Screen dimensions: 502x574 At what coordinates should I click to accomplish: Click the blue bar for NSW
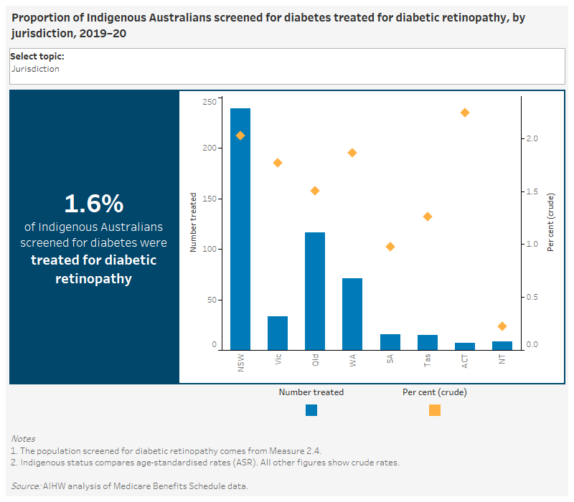pyautogui.click(x=240, y=229)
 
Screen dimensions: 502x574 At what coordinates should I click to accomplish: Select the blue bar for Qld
pyautogui.click(x=315, y=290)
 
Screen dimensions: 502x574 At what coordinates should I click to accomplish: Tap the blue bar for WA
pyautogui.click(x=352, y=313)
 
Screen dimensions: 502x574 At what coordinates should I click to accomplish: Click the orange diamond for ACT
pyautogui.click(x=464, y=113)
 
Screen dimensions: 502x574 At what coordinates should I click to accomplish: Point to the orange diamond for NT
pyautogui.click(x=502, y=326)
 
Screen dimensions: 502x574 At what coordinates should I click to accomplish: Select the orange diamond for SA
pyautogui.click(x=390, y=247)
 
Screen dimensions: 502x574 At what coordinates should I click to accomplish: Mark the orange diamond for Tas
pyautogui.click(x=428, y=217)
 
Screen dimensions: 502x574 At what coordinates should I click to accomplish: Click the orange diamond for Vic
pyautogui.click(x=278, y=163)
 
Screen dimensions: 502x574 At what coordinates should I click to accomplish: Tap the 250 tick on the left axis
pyautogui.click(x=209, y=102)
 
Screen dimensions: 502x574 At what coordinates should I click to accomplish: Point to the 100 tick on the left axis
pyautogui.click(x=209, y=250)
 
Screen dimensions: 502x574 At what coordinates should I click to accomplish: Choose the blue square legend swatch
pyautogui.click(x=311, y=410)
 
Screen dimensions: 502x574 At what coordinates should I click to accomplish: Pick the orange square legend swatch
pyautogui.click(x=435, y=410)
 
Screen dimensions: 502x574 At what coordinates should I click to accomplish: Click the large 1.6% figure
pyautogui.click(x=94, y=204)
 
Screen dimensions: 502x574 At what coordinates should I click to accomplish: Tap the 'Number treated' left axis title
pyautogui.click(x=193, y=222)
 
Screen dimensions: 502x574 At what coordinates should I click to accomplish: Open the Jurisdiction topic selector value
pyautogui.click(x=35, y=69)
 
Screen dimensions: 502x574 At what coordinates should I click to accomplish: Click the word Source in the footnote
pyautogui.click(x=25, y=486)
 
